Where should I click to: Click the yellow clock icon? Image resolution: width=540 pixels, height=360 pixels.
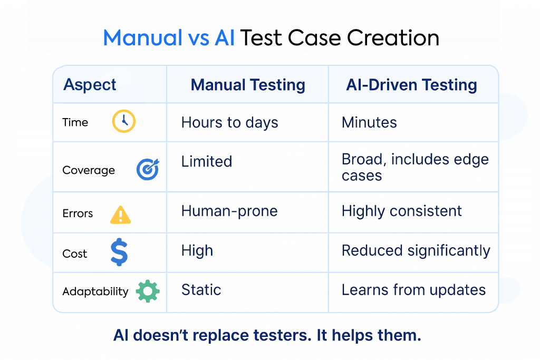pyautogui.click(x=123, y=121)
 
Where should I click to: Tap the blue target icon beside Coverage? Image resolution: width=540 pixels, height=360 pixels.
pyautogui.click(x=148, y=169)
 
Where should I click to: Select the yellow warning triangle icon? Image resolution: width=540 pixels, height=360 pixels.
pyautogui.click(x=120, y=215)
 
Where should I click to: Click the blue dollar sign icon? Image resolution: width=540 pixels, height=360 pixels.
pyautogui.click(x=119, y=252)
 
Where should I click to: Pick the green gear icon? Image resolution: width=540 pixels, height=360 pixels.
pyautogui.click(x=148, y=291)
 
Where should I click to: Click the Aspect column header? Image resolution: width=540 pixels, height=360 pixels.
pyautogui.click(x=90, y=85)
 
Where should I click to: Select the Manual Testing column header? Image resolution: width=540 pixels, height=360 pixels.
pyautogui.click(x=248, y=85)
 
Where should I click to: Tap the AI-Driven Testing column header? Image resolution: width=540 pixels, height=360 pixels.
pyautogui.click(x=411, y=85)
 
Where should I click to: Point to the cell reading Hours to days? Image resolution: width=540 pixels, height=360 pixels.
pyautogui.click(x=230, y=123)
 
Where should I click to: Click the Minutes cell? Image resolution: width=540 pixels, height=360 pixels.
pyautogui.click(x=369, y=122)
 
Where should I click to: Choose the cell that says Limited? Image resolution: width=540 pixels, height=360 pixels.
pyautogui.click(x=207, y=161)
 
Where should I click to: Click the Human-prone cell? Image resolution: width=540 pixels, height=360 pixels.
pyautogui.click(x=229, y=211)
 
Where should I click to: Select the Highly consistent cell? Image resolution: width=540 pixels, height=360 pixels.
pyautogui.click(x=401, y=211)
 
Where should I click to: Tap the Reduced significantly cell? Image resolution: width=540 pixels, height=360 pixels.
pyautogui.click(x=416, y=251)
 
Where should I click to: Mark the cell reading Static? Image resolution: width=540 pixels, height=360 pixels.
pyautogui.click(x=201, y=290)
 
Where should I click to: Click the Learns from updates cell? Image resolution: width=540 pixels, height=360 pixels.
pyautogui.click(x=413, y=290)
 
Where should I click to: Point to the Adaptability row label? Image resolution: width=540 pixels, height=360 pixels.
pyautogui.click(x=95, y=291)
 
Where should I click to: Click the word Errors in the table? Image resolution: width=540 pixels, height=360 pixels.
pyautogui.click(x=78, y=213)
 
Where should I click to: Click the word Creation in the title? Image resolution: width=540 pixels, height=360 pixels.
pyautogui.click(x=393, y=37)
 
